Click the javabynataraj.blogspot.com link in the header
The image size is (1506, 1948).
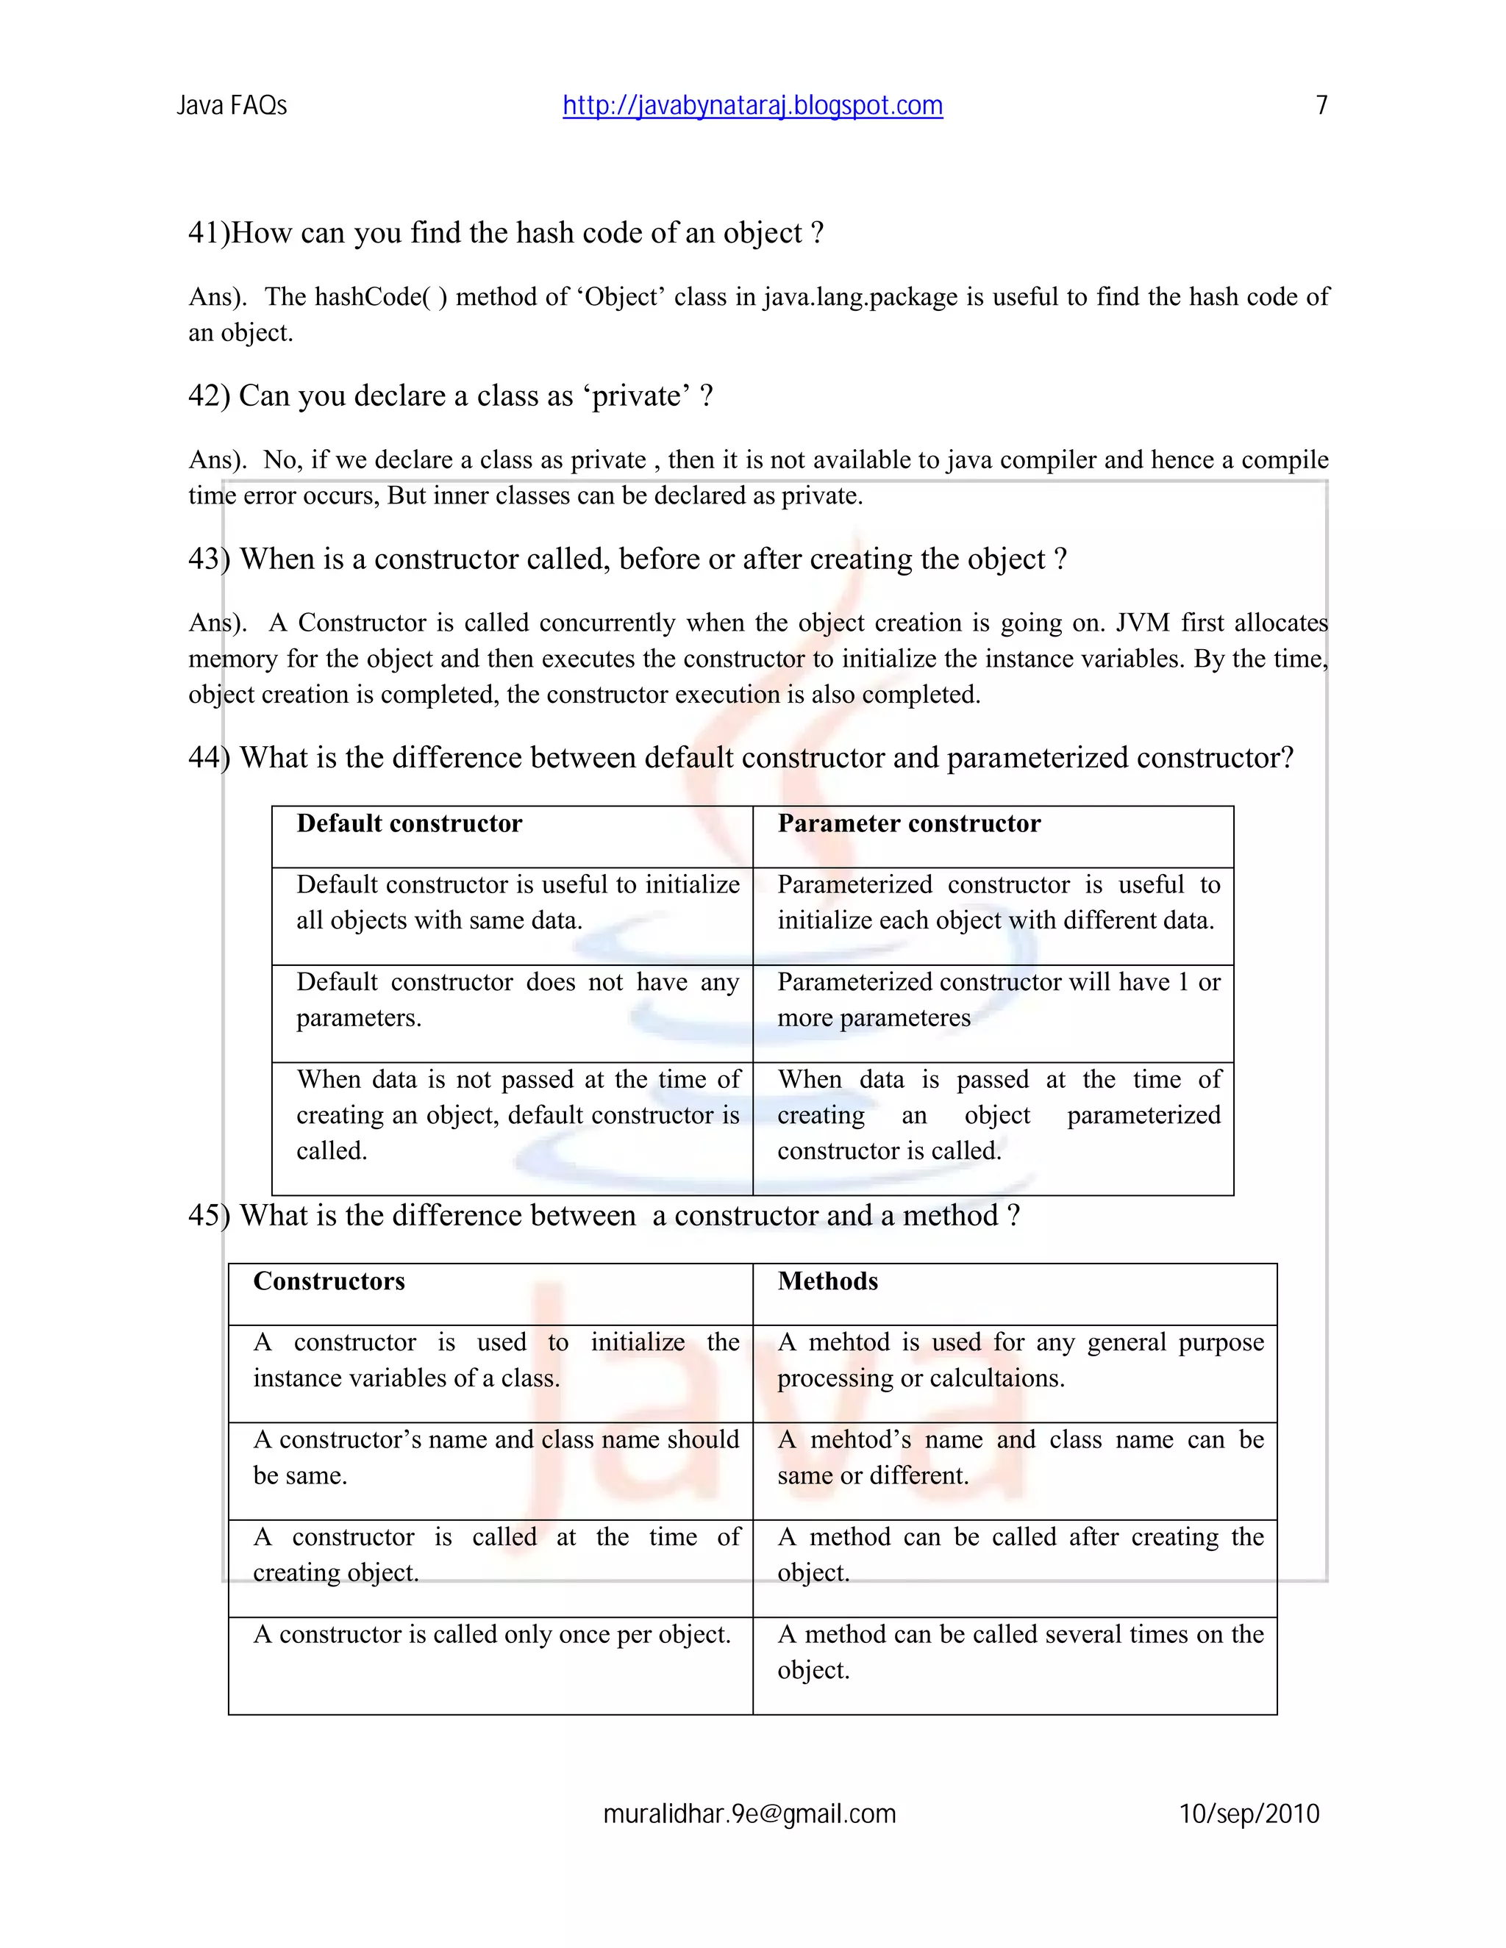coord(752,106)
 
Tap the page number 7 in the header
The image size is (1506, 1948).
coord(1321,106)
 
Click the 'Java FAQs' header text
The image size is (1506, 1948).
coord(232,106)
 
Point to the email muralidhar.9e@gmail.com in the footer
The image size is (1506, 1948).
coord(749,1814)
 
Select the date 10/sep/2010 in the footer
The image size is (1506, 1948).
coord(1249,1814)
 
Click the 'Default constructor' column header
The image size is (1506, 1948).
coord(410,823)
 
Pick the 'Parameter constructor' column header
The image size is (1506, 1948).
coord(908,823)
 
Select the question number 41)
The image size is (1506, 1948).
coord(209,233)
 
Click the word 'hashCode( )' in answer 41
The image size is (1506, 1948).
coord(381,297)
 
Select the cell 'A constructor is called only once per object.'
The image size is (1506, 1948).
coord(492,1634)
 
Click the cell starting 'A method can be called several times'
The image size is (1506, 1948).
coord(1020,1651)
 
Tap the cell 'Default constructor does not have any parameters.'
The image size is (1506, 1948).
coord(518,1000)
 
